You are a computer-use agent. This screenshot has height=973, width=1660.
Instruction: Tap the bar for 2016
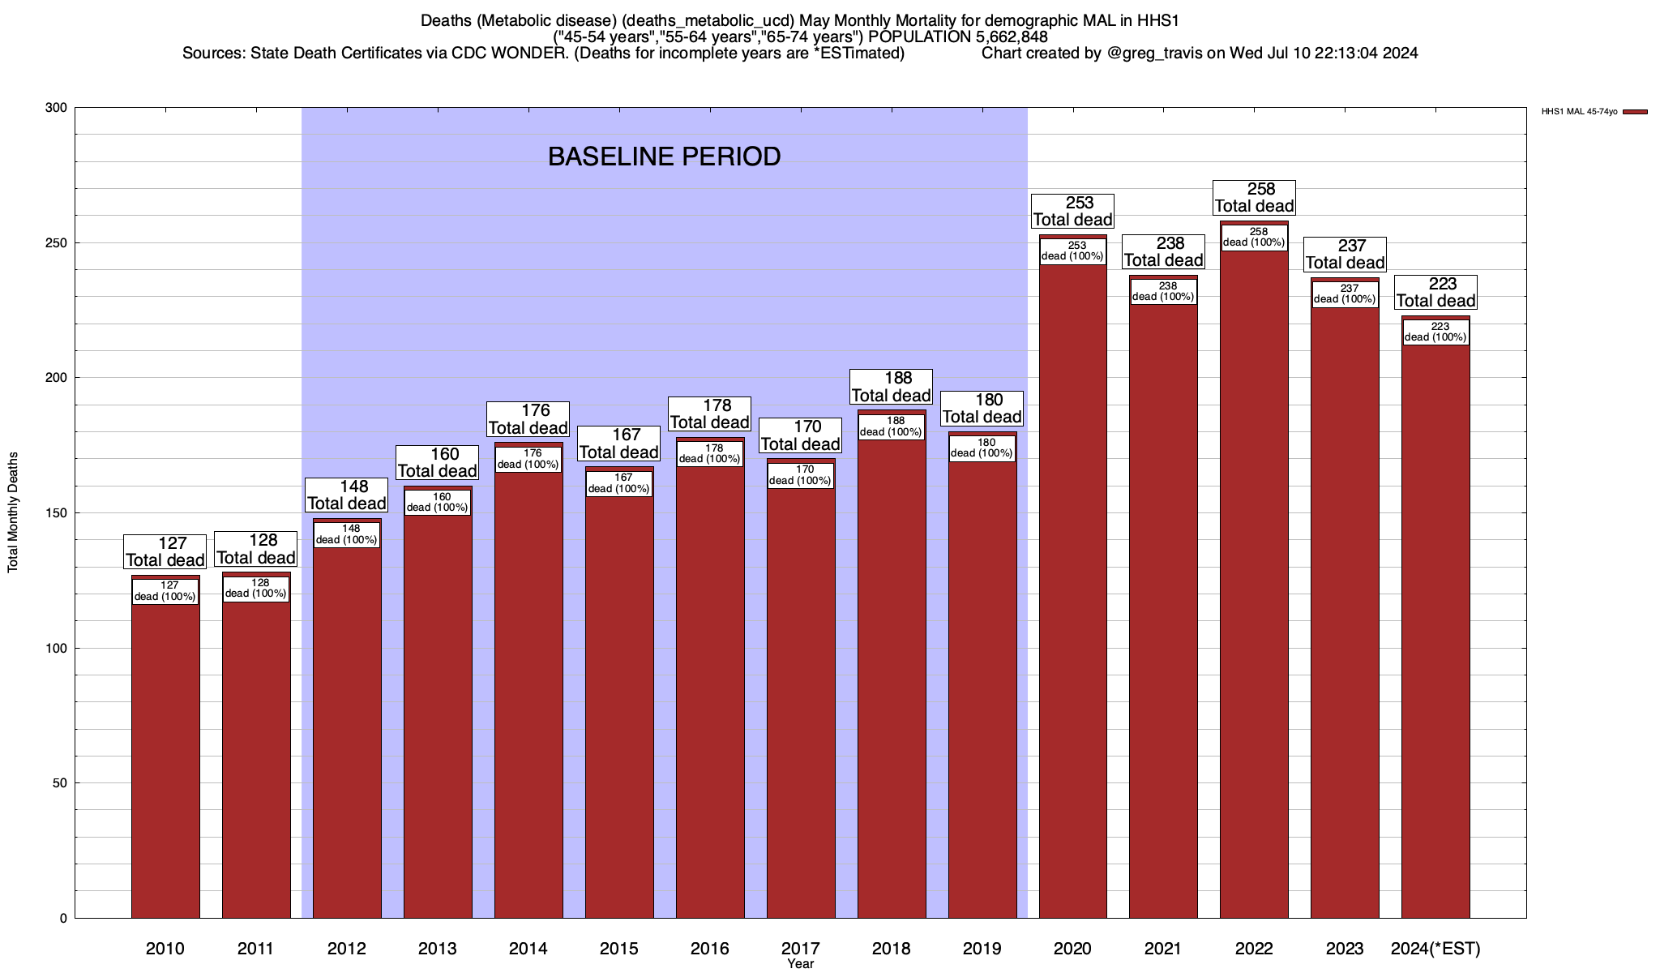pos(710,689)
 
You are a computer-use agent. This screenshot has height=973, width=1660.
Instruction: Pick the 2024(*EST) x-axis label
pos(1435,948)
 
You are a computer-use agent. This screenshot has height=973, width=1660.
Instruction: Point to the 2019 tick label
pos(982,948)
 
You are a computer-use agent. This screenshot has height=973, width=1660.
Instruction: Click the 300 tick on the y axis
pos(56,108)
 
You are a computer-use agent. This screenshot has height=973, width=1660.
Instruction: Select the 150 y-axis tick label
pos(56,513)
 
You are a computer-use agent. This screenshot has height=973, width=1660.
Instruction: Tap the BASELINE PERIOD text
pos(664,156)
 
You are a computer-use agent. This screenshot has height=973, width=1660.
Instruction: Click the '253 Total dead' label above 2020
pos(1072,211)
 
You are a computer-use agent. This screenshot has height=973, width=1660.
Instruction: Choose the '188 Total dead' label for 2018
pos(891,387)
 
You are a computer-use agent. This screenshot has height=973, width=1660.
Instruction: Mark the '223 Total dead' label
pos(1435,293)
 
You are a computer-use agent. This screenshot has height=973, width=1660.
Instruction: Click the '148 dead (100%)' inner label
pos(347,534)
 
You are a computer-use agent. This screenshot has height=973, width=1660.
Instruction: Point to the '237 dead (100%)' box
pos(1345,294)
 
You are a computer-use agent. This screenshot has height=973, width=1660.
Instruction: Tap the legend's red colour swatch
pos(1635,112)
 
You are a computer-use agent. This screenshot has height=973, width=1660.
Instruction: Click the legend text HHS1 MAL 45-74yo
pos(1579,112)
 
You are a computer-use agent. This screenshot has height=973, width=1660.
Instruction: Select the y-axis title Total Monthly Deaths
pos(13,512)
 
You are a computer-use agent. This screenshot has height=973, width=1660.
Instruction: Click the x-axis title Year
pos(800,964)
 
